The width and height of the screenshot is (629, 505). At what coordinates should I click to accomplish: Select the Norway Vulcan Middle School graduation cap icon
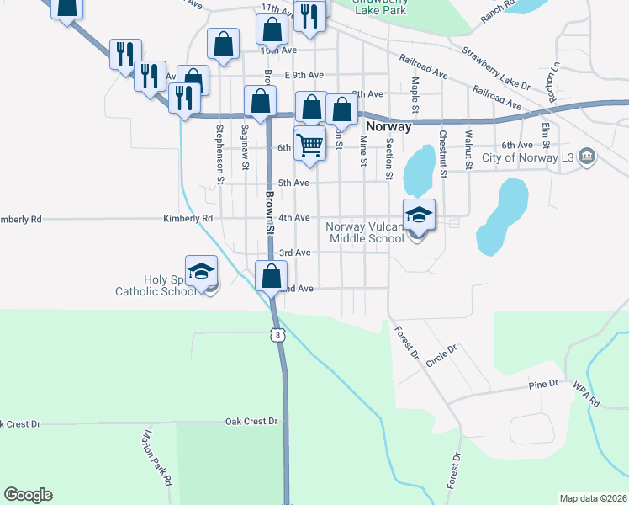[x=419, y=215]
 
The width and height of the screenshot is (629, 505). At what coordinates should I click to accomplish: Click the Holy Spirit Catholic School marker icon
[x=201, y=271]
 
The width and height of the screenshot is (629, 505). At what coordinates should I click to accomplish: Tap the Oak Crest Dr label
[x=251, y=421]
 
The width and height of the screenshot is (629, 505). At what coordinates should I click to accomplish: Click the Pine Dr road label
[x=543, y=384]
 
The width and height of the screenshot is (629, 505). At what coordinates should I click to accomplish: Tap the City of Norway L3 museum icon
[x=587, y=157]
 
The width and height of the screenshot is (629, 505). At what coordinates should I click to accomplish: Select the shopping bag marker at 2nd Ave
[x=272, y=276]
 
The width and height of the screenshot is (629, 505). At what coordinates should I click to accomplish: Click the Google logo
[x=28, y=495]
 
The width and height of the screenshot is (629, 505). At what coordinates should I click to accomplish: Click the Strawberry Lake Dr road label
[x=500, y=72]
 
